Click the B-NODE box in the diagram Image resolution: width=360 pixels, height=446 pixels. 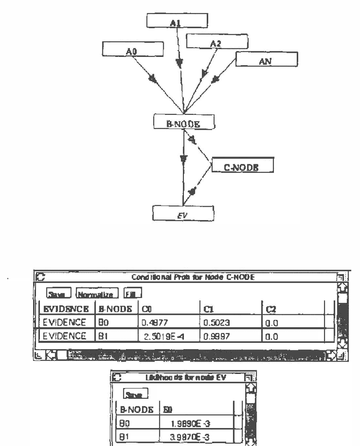pos(184,121)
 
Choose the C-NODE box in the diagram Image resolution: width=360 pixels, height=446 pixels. pos(242,166)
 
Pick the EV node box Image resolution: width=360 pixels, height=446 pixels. pos(183,213)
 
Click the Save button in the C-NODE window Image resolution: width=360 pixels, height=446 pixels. pos(60,293)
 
